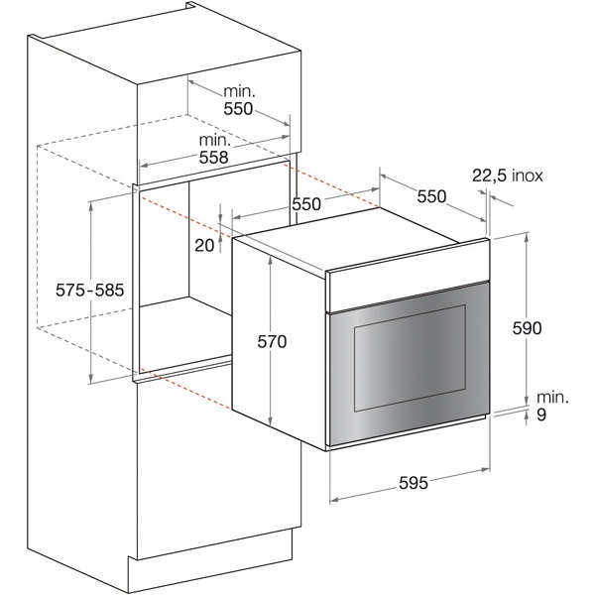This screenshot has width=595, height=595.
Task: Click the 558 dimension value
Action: [214, 158]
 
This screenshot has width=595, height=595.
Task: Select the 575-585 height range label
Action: [90, 291]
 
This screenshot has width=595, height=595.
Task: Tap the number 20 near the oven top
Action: [204, 246]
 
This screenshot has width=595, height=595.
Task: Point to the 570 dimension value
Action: [272, 342]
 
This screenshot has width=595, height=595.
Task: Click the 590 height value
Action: [527, 328]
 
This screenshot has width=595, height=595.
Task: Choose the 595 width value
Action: [414, 483]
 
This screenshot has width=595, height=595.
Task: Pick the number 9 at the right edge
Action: [541, 416]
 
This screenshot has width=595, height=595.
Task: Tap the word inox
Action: [528, 176]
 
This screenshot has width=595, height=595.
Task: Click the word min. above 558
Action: [215, 141]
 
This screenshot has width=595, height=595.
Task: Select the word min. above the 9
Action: [553, 398]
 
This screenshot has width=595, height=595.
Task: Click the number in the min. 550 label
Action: [238, 109]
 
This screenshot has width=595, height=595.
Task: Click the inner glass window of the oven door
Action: [410, 358]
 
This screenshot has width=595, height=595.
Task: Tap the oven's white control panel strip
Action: [408, 275]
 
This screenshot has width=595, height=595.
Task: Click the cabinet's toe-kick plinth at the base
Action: [210, 561]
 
